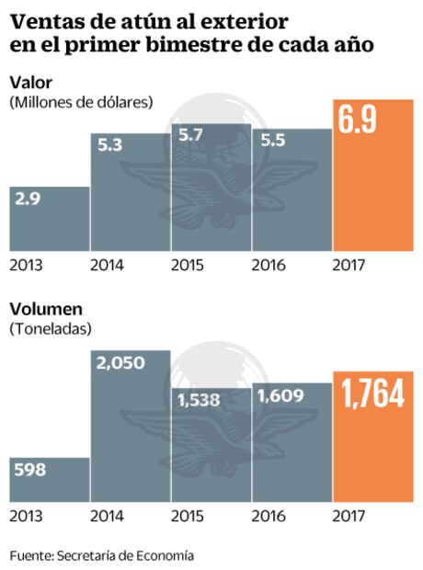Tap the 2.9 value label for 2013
27,199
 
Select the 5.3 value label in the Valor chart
108,146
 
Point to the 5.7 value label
188,136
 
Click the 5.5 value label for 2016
269,144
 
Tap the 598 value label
31,470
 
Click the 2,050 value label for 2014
120,364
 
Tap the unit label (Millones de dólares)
81,101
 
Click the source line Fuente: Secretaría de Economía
102,555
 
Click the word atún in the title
140,19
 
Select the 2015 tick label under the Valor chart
188,266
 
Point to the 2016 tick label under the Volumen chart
269,517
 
